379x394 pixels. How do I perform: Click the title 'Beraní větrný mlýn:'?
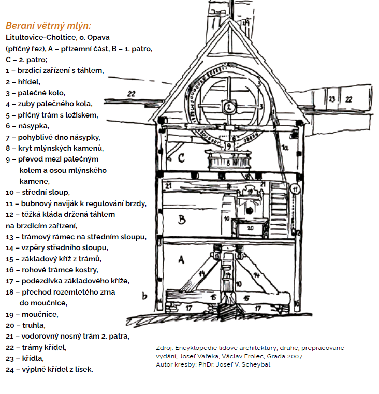[x=48, y=26]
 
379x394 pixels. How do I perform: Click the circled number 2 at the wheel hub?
[x=229, y=107]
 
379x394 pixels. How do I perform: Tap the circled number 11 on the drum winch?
[x=295, y=189]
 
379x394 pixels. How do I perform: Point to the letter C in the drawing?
[x=181, y=158]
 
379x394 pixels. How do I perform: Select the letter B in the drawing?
[x=182, y=220]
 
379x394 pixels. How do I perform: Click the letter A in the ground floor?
[x=181, y=259]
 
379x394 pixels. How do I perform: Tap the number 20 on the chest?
[x=250, y=228]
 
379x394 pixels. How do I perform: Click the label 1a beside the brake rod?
[x=285, y=147]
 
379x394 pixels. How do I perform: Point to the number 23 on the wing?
[x=332, y=99]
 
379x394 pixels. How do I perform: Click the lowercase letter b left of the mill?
[x=144, y=296]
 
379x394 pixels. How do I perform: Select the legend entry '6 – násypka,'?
[x=27, y=126]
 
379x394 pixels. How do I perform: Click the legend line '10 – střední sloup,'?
[x=38, y=192]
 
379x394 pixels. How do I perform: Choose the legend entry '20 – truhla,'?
[x=26, y=326]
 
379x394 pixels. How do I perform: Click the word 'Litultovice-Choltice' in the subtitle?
[x=40, y=37]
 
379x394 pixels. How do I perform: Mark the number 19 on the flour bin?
[x=250, y=192]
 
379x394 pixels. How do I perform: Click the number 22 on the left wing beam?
[x=131, y=94]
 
